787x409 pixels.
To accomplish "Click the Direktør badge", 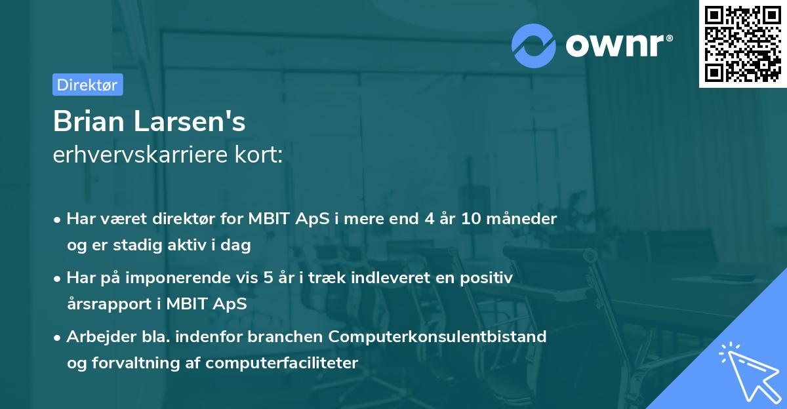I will click(88, 85).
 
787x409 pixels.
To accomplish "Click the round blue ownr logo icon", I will click(534, 46).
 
